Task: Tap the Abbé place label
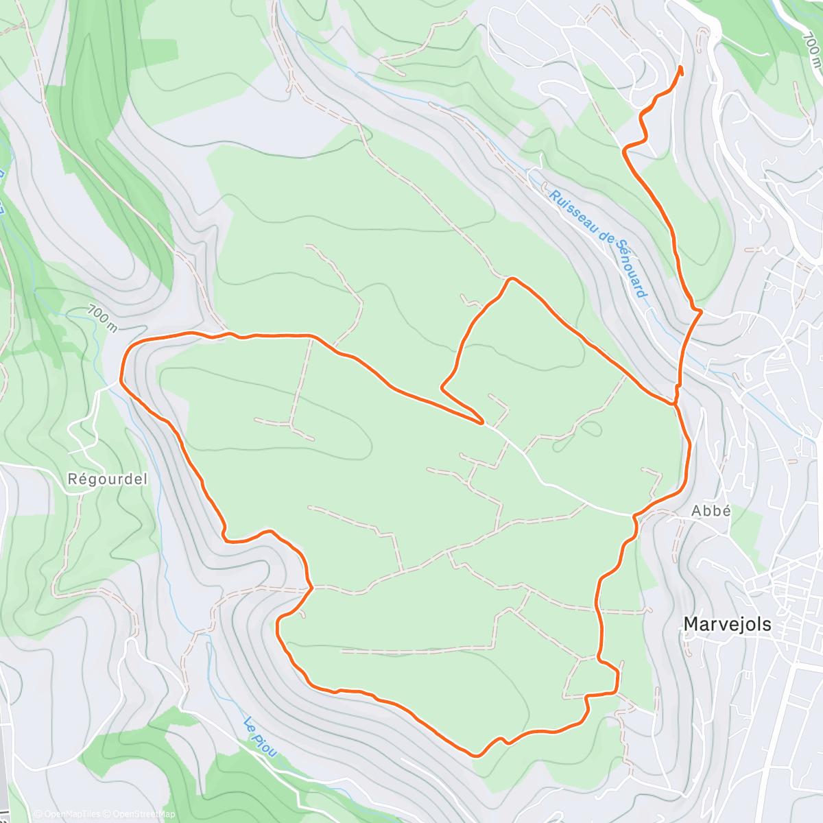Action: (x=711, y=511)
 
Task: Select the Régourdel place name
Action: (x=108, y=479)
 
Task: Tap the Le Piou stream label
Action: (x=261, y=737)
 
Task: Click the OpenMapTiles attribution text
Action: (x=67, y=814)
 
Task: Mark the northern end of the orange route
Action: (x=680, y=67)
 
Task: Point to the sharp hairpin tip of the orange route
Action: (x=483, y=421)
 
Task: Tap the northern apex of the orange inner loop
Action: (x=510, y=278)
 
